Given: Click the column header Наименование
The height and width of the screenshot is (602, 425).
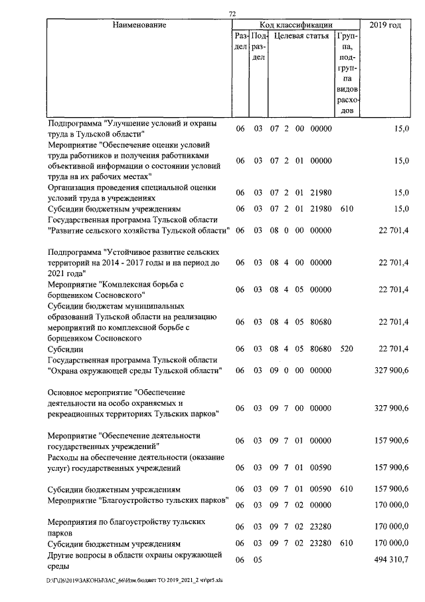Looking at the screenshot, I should point(139,25).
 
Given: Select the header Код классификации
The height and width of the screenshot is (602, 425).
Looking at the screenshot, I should point(296,25).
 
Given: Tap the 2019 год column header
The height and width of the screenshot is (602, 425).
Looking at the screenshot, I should point(385,25).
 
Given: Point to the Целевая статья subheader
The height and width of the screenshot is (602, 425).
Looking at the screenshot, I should point(301,36).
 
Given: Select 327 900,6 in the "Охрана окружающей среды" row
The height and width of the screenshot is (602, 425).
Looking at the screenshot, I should point(390,370).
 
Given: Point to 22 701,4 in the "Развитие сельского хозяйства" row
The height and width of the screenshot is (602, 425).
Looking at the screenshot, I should point(393,230).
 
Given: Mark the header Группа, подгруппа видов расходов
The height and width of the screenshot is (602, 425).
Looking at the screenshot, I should point(347,73).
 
